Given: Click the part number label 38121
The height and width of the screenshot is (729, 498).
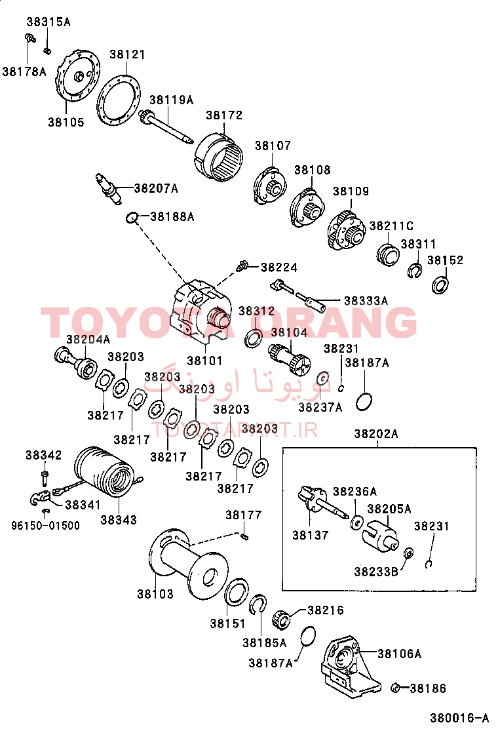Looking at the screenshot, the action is (x=127, y=54).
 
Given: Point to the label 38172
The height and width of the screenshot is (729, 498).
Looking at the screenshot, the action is (x=224, y=115).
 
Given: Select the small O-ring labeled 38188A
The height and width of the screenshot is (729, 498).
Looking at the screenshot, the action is (x=132, y=217).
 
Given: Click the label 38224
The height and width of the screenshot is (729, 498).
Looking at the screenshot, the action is (x=278, y=267).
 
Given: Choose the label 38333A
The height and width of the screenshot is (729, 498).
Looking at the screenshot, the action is (x=366, y=301).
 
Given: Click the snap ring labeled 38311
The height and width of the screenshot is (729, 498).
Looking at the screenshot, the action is (x=415, y=271).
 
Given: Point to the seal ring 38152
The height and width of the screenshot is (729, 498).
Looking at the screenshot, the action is (x=440, y=285).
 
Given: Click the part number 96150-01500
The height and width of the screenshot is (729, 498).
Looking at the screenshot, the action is (x=45, y=526).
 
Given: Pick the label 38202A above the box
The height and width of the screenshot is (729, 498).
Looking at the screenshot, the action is (x=376, y=434).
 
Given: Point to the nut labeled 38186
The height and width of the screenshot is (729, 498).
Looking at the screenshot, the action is (x=396, y=688).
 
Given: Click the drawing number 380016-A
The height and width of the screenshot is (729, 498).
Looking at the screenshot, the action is (x=459, y=718).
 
